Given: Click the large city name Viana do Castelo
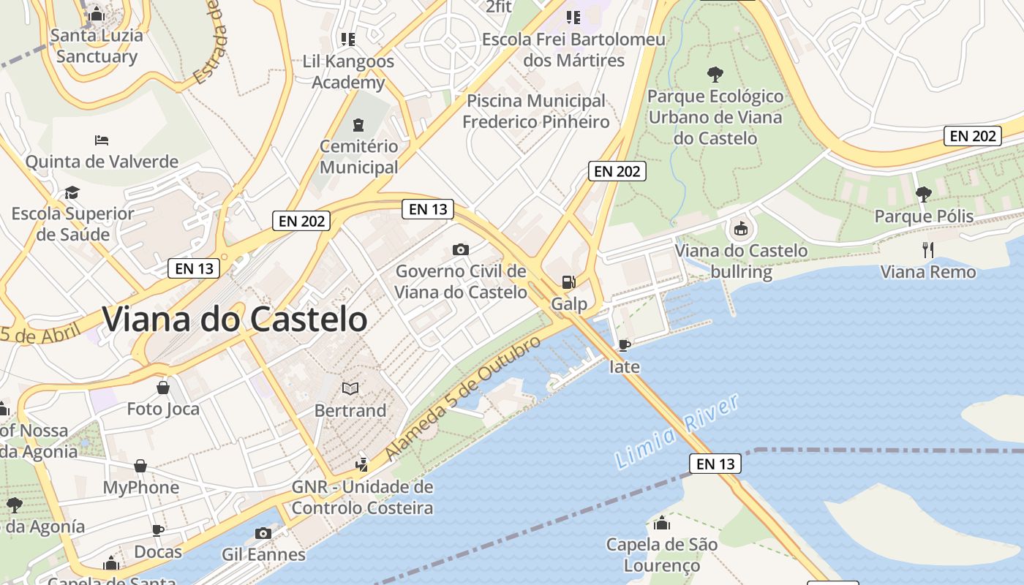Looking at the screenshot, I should pyautogui.click(x=234, y=320).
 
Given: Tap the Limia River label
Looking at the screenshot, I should pyautogui.click(x=677, y=431).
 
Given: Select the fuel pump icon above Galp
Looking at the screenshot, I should pyautogui.click(x=568, y=282).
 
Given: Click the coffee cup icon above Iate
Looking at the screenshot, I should pyautogui.click(x=624, y=344).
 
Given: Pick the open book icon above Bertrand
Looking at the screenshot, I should pyautogui.click(x=350, y=388).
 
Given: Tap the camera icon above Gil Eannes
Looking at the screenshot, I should pyautogui.click(x=263, y=533).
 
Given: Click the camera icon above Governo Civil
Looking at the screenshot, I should pyautogui.click(x=460, y=249).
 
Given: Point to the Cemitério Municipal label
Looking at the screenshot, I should pyautogui.click(x=358, y=156).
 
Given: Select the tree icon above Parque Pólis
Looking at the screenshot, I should pyautogui.click(x=924, y=194).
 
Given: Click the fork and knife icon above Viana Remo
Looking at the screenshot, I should pyautogui.click(x=928, y=250).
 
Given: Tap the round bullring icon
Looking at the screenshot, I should pyautogui.click(x=741, y=229).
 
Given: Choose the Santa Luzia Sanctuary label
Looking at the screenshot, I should pyautogui.click(x=97, y=45).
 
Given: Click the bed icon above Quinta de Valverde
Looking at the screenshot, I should pyautogui.click(x=102, y=140).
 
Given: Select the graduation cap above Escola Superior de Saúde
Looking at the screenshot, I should pyautogui.click(x=72, y=192).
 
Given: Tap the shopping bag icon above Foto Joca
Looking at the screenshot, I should pyautogui.click(x=163, y=387).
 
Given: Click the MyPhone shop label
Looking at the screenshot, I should pyautogui.click(x=140, y=487).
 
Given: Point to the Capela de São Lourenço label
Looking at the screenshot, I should pyautogui.click(x=661, y=554).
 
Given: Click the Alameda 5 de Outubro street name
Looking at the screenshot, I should pyautogui.click(x=462, y=399).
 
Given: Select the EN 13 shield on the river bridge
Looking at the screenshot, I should pyautogui.click(x=715, y=464).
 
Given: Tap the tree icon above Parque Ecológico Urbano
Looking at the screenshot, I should pyautogui.click(x=715, y=74).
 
